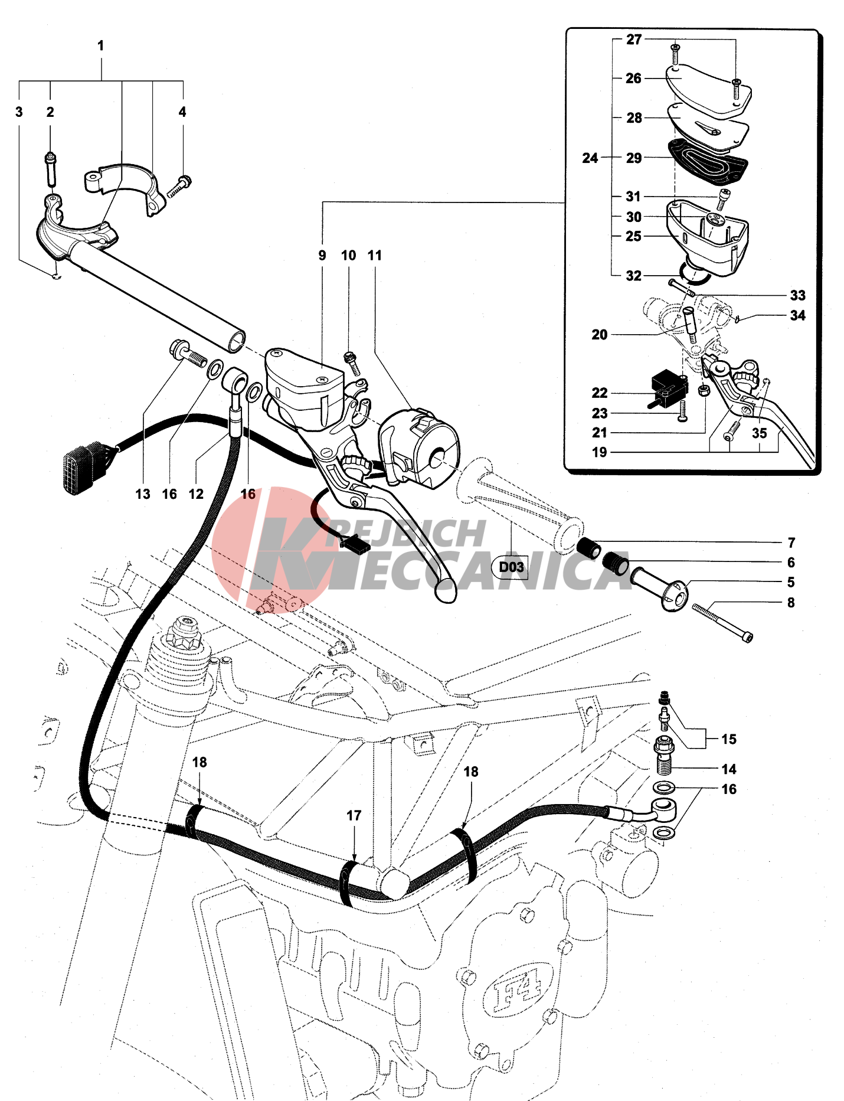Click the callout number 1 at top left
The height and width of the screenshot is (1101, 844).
click(100, 45)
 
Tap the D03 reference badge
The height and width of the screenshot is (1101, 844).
click(511, 567)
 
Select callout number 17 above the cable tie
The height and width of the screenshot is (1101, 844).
click(354, 815)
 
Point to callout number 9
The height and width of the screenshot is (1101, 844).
click(322, 256)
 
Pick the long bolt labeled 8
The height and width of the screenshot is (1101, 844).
click(721, 622)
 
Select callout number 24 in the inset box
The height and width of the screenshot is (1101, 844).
click(590, 158)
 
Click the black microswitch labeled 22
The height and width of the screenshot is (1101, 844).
click(669, 385)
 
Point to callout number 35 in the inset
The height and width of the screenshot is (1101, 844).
click(759, 433)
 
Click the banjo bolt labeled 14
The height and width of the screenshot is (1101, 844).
click(664, 756)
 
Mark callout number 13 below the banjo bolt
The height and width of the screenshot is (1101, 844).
click(143, 494)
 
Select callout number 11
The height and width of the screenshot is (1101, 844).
click(374, 256)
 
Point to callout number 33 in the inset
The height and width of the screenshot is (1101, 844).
click(797, 295)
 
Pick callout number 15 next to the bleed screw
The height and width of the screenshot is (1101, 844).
click(729, 739)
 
